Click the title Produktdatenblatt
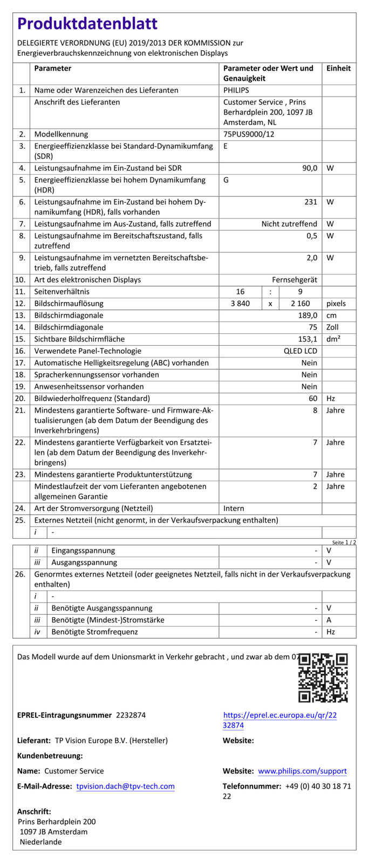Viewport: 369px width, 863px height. tap(87, 24)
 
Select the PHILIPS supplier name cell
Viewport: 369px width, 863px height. tap(236, 91)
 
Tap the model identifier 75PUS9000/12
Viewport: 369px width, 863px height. tap(249, 134)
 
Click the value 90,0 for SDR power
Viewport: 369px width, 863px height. tap(310, 168)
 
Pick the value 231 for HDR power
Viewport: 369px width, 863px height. tap(311, 202)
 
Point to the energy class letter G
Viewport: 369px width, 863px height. tap(226, 180)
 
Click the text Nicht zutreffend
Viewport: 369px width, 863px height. tap(289, 224)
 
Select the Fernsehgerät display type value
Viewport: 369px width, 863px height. tap(295, 280)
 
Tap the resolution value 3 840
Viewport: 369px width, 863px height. tap(240, 304)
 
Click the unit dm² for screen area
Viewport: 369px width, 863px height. tap(333, 339)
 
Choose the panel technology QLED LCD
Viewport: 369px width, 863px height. tap(300, 351)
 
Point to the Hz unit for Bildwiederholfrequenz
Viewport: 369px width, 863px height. tap(331, 399)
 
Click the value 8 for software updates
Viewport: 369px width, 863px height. tap(315, 410)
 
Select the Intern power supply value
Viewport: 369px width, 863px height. tap(234, 509)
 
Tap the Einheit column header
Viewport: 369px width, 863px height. tap(338, 69)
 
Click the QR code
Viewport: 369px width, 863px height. tap(323, 677)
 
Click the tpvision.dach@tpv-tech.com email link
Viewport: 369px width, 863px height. tap(125, 786)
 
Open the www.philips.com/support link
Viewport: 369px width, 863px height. tap(302, 771)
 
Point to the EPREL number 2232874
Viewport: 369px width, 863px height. tap(131, 715)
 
